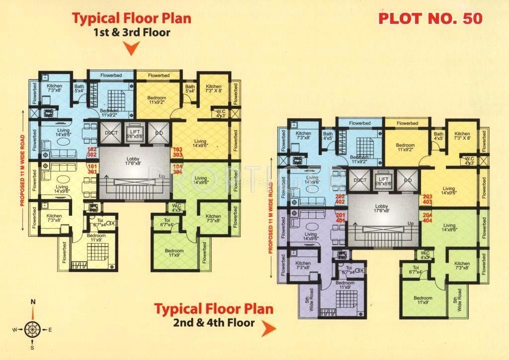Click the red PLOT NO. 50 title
(x=430, y=18)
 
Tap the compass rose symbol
(x=33, y=329)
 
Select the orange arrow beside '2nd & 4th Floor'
(x=268, y=328)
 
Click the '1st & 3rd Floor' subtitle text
(x=131, y=33)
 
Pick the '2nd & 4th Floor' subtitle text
(x=214, y=323)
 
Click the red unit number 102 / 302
(x=92, y=152)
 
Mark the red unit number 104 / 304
(x=178, y=169)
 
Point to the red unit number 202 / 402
(x=340, y=199)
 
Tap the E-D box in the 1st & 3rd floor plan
(x=159, y=133)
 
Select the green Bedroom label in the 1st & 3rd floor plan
(x=174, y=253)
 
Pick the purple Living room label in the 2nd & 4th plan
(x=311, y=236)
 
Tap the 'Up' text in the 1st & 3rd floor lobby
(x=161, y=177)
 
